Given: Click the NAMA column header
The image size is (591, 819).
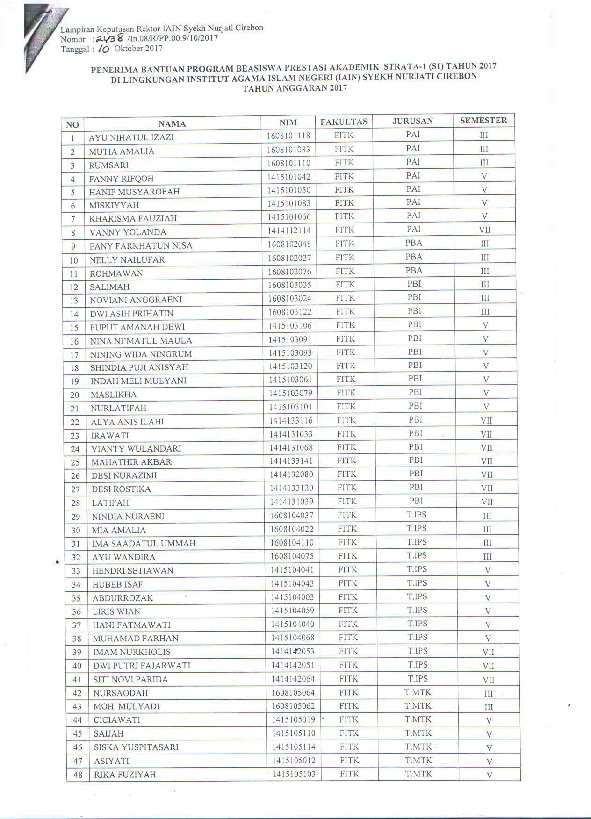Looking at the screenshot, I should click(x=172, y=124).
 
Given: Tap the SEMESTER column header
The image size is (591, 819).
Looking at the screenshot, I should click(x=483, y=120).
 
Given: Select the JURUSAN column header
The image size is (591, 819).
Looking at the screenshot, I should click(x=412, y=121).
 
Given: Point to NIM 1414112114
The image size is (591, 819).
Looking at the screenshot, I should click(x=289, y=230).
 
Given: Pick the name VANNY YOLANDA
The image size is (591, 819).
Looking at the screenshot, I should click(x=128, y=232).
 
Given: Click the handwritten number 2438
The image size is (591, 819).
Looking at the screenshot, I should click(x=109, y=38).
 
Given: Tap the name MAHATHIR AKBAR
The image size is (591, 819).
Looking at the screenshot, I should click(x=131, y=462).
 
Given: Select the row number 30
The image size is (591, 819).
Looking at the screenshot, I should click(x=76, y=531).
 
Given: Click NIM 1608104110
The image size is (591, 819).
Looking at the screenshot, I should click(x=292, y=543).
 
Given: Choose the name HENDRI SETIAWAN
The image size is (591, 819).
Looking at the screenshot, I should click(x=133, y=571).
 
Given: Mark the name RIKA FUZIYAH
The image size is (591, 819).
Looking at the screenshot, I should click(x=125, y=775).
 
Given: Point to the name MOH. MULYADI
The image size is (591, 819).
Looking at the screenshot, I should click(x=126, y=706).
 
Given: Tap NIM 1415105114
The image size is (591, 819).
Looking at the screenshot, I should click(x=294, y=747).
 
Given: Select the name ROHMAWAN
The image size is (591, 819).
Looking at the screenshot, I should click(x=116, y=273).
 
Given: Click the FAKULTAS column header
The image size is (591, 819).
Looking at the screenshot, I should click(x=344, y=122).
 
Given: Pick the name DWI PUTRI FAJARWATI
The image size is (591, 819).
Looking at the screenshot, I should click(x=142, y=666).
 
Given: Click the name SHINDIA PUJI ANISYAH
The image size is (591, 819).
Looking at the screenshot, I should click(x=139, y=367).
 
